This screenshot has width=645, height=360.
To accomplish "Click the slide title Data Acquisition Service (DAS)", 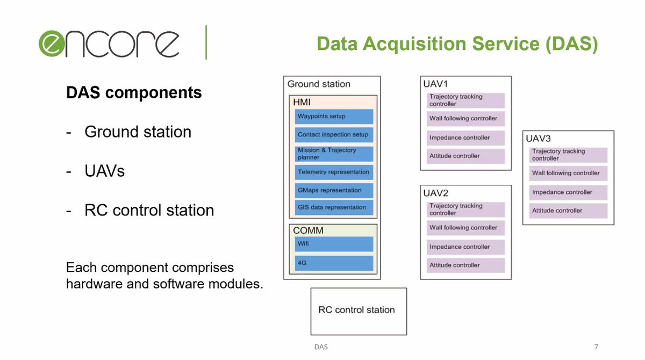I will pyautogui.click(x=457, y=44).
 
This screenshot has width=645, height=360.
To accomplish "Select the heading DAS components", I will pyautogui.click(x=134, y=92).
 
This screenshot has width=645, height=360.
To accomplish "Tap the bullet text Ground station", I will pyautogui.click(x=138, y=132).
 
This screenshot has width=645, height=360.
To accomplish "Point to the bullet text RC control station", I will pyautogui.click(x=149, y=210).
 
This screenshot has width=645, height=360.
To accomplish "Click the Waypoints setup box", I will pyautogui.click(x=334, y=117).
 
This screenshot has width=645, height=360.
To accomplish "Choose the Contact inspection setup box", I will pyautogui.click(x=334, y=135).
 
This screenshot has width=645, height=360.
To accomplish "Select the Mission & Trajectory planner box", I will pyautogui.click(x=334, y=154).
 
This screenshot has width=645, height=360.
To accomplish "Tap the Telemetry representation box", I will pyautogui.click(x=334, y=172).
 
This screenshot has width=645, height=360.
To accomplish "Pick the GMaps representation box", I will pyautogui.click(x=334, y=190).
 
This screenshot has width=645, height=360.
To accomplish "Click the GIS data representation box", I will pyautogui.click(x=334, y=207).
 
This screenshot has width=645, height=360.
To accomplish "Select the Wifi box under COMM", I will pyautogui.click(x=334, y=244).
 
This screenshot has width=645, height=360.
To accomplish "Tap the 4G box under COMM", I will pyautogui.click(x=334, y=263).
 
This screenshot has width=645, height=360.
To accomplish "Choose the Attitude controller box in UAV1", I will pyautogui.click(x=465, y=156).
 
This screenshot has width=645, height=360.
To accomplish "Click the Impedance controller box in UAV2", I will pyautogui.click(x=465, y=247).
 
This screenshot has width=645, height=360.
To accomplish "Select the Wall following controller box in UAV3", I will pyautogui.click(x=568, y=173).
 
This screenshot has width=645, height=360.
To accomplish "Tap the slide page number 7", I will pyautogui.click(x=596, y=347).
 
